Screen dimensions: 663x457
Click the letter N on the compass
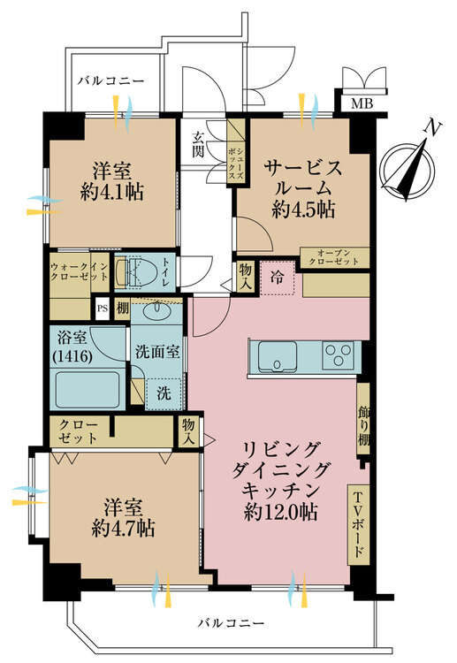[432, 129]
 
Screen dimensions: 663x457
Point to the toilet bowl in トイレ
[142, 269]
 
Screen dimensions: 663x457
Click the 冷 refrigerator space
[278, 277]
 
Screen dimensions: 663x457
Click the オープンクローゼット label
[335, 258]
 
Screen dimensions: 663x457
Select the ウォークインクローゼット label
[80, 270]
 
